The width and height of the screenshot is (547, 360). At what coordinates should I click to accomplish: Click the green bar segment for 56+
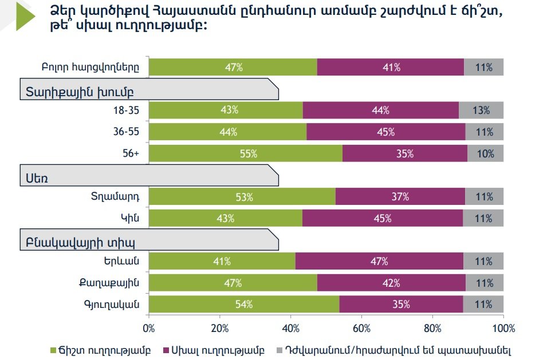(245, 153)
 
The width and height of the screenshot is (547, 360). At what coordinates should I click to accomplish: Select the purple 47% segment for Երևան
(379, 262)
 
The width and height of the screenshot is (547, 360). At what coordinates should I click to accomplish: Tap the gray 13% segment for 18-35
(481, 110)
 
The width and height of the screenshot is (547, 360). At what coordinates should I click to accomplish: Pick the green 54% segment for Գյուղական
(244, 304)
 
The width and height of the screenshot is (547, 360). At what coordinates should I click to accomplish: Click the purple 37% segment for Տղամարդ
(400, 197)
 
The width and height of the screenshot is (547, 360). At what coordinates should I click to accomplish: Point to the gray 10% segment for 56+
(485, 153)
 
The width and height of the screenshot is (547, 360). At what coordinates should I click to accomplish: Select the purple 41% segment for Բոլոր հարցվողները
(390, 67)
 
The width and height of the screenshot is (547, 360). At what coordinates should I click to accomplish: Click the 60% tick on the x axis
(361, 329)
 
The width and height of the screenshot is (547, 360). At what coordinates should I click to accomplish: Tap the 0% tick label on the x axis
(149, 329)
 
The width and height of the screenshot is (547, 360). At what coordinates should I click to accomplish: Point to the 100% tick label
(502, 329)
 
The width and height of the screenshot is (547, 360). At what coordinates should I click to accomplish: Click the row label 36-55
(127, 132)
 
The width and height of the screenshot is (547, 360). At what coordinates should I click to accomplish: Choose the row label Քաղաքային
(109, 283)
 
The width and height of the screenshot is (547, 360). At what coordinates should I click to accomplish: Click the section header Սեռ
(37, 178)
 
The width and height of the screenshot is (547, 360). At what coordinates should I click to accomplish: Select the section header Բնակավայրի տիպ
(80, 240)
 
